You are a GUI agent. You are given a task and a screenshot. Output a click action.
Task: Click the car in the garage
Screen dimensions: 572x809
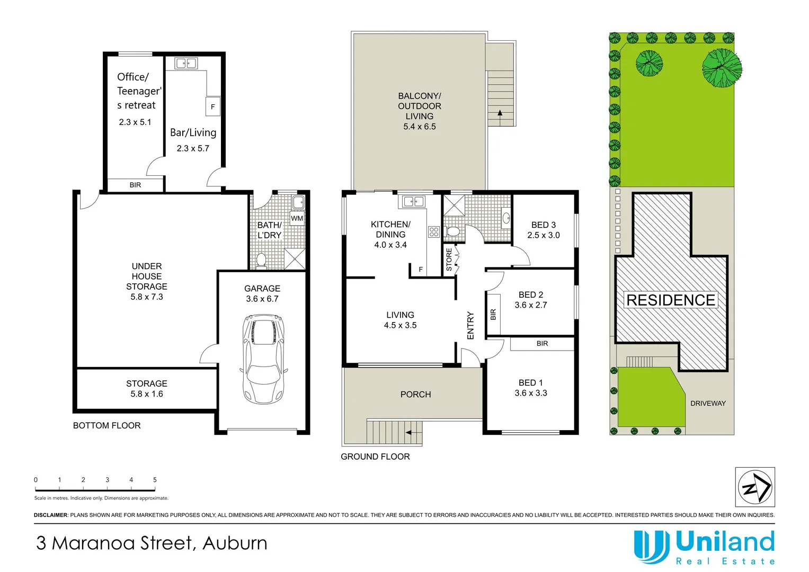[x=263, y=358]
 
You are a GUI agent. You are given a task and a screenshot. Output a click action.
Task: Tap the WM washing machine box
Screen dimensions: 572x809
[x=297, y=218]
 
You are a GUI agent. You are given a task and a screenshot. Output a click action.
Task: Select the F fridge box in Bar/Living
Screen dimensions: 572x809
[x=212, y=106]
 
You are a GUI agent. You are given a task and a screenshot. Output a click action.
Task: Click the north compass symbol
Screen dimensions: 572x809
[x=754, y=487]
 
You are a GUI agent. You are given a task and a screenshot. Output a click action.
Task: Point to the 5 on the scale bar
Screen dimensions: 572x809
[x=155, y=480]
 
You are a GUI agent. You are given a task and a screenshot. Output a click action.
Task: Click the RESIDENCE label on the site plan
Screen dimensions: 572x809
[x=671, y=300]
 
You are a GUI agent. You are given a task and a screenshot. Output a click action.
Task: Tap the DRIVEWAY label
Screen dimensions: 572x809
[x=708, y=403]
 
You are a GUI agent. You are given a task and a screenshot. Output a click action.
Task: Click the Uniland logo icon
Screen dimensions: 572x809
[x=652, y=547]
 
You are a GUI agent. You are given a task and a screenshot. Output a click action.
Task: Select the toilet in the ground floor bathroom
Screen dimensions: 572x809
[x=453, y=232]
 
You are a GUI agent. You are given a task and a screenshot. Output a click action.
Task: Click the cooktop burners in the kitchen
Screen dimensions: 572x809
[x=434, y=231]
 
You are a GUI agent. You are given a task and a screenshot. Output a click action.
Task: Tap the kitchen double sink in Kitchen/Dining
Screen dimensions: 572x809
[x=413, y=201]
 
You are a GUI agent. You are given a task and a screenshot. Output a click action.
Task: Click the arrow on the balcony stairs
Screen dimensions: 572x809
[x=499, y=113]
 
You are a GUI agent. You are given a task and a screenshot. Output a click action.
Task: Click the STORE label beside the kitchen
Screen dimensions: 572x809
[x=449, y=260]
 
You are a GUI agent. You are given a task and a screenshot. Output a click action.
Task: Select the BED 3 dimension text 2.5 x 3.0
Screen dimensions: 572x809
[x=543, y=235]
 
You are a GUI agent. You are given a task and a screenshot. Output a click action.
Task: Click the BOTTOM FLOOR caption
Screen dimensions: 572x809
[x=106, y=425]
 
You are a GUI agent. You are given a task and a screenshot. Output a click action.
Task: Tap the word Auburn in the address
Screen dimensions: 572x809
[x=235, y=543]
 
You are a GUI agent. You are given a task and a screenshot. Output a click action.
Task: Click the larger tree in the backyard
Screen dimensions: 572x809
[x=721, y=67]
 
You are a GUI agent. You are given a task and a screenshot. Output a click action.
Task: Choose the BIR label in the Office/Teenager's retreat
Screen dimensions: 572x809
[x=135, y=185]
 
